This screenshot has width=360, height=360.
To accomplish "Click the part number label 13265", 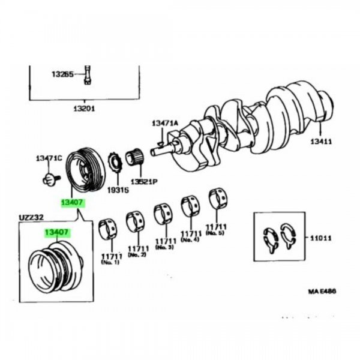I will pos(62,75).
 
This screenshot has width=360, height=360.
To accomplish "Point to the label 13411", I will pos(323,142).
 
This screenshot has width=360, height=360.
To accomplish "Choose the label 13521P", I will pos(143,181).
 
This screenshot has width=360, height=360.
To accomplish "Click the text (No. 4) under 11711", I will pos(191,239).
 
